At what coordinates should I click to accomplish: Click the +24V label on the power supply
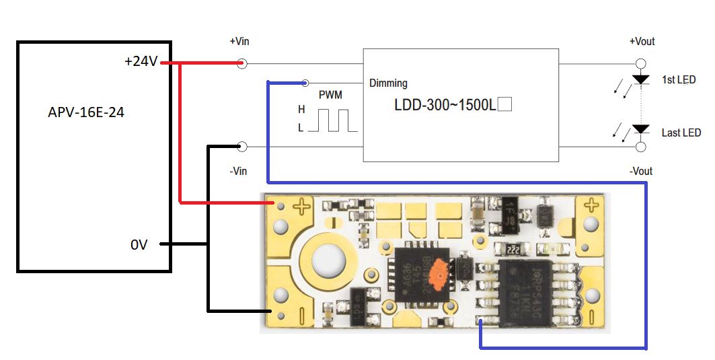point(141,62)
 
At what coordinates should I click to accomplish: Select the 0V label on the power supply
point(139,246)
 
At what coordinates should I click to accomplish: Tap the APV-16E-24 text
point(86,112)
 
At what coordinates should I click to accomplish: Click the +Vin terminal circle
point(242,63)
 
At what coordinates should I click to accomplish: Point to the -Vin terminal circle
point(242,146)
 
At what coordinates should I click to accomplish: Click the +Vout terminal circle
point(641,63)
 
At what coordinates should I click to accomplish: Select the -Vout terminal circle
point(641,146)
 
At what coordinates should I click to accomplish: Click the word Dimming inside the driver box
point(388,83)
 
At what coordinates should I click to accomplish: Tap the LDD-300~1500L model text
point(445,105)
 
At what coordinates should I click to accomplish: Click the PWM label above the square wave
point(330,96)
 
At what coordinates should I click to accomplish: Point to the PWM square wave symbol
point(332,120)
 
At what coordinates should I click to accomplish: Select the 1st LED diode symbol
point(641,79)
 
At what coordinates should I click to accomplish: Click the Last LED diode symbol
point(641,129)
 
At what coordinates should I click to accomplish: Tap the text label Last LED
point(681,133)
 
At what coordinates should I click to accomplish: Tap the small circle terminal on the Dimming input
point(305,81)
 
